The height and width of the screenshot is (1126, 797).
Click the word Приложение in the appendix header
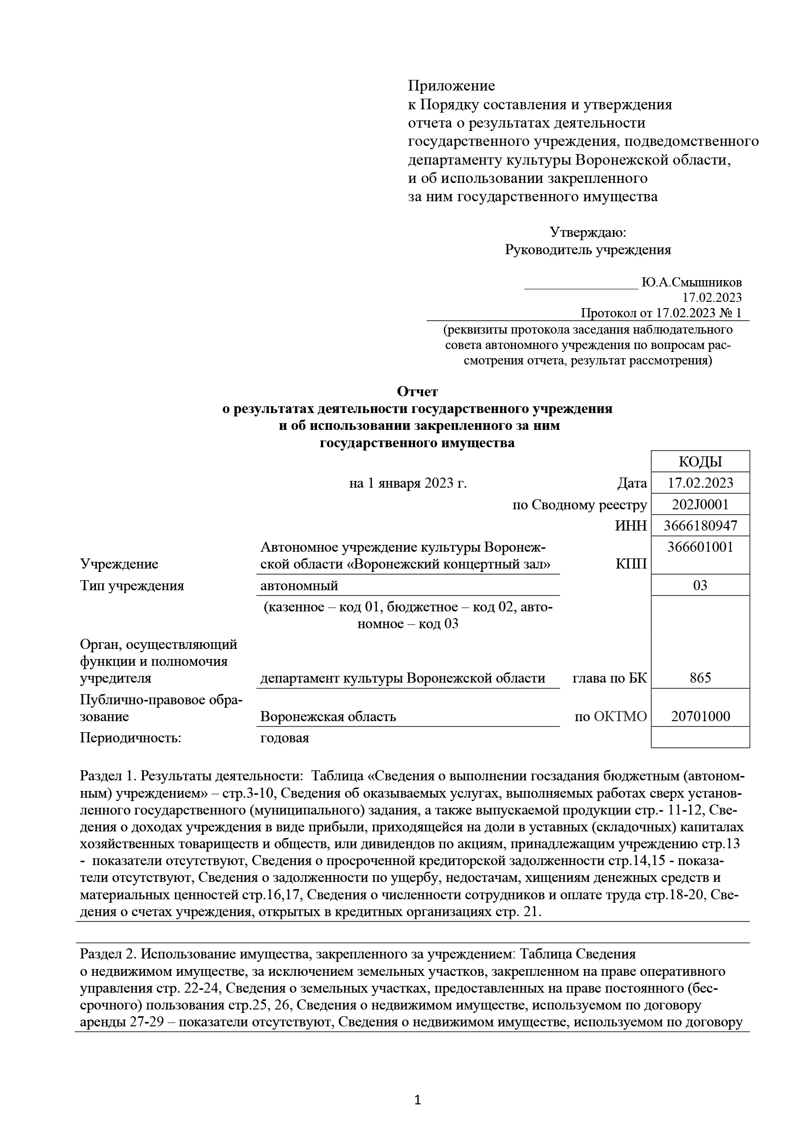[x=452, y=86]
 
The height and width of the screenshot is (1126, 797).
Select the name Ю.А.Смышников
[x=691, y=283]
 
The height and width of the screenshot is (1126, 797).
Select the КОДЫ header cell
[x=700, y=462]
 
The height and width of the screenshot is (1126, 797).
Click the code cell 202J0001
[x=700, y=505]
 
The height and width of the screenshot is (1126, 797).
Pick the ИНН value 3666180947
[x=700, y=526]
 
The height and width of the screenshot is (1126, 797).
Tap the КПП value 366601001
[x=700, y=547]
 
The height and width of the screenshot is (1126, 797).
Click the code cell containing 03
[x=700, y=585]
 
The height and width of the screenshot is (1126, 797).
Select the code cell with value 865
[x=700, y=678]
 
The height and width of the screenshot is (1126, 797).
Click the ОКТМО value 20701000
[x=700, y=716]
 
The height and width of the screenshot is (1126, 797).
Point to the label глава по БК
[x=610, y=678]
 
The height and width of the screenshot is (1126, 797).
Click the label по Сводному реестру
[x=580, y=505]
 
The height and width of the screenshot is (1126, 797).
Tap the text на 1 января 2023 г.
[x=407, y=483]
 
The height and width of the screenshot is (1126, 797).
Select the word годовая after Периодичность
[x=285, y=738]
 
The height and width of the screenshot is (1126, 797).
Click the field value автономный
[x=299, y=585]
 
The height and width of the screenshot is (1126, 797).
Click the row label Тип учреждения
[x=132, y=585]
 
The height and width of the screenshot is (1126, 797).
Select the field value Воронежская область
[x=328, y=716]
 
